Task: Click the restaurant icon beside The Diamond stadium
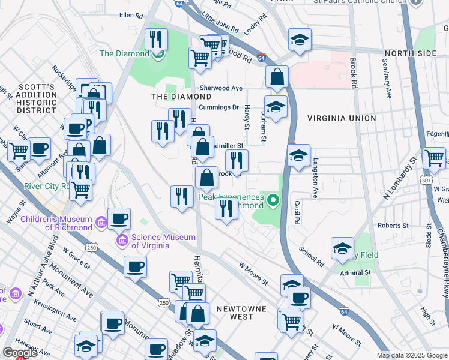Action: coord(156,40)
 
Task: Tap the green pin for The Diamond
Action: coord(158,55)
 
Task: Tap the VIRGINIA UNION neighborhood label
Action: coord(342,118)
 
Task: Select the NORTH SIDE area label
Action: coord(410,53)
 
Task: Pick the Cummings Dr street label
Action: coord(219,107)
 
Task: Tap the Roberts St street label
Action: coord(393,226)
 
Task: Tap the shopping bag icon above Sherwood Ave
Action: coord(277,77)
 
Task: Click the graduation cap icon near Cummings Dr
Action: coord(276,107)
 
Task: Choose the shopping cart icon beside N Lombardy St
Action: coord(434,158)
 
